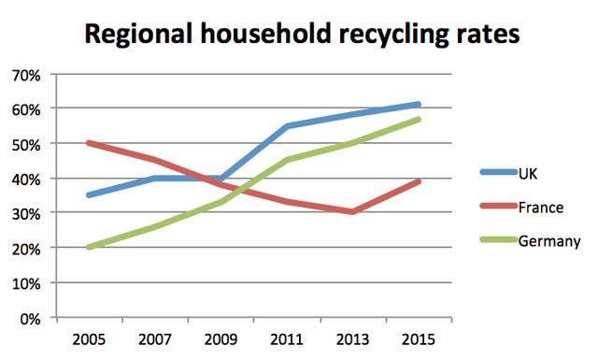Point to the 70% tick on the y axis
click(26, 74)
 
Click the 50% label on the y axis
click(26, 144)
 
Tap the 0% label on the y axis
click(30, 318)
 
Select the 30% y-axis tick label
click(26, 213)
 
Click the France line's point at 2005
click(88, 143)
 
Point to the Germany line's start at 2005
click(88, 248)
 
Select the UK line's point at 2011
click(286, 126)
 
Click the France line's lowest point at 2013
click(352, 212)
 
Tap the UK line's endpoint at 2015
click(418, 105)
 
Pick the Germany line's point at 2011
click(286, 161)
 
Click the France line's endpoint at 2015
click(418, 181)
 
